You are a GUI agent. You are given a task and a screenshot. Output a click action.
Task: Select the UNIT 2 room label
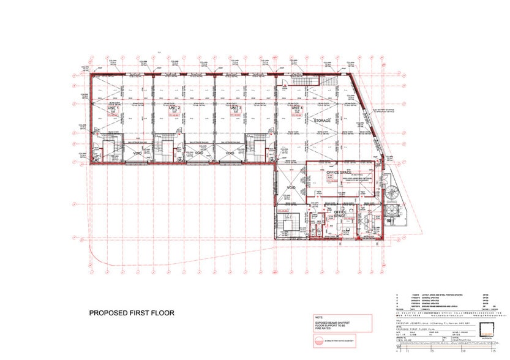click(174, 108)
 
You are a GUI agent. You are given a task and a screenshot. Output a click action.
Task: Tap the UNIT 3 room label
click(236, 108)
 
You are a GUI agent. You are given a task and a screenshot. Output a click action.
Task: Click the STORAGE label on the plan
click(322, 121)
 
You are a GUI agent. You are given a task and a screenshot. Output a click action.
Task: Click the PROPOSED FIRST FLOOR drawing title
click(132, 313)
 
